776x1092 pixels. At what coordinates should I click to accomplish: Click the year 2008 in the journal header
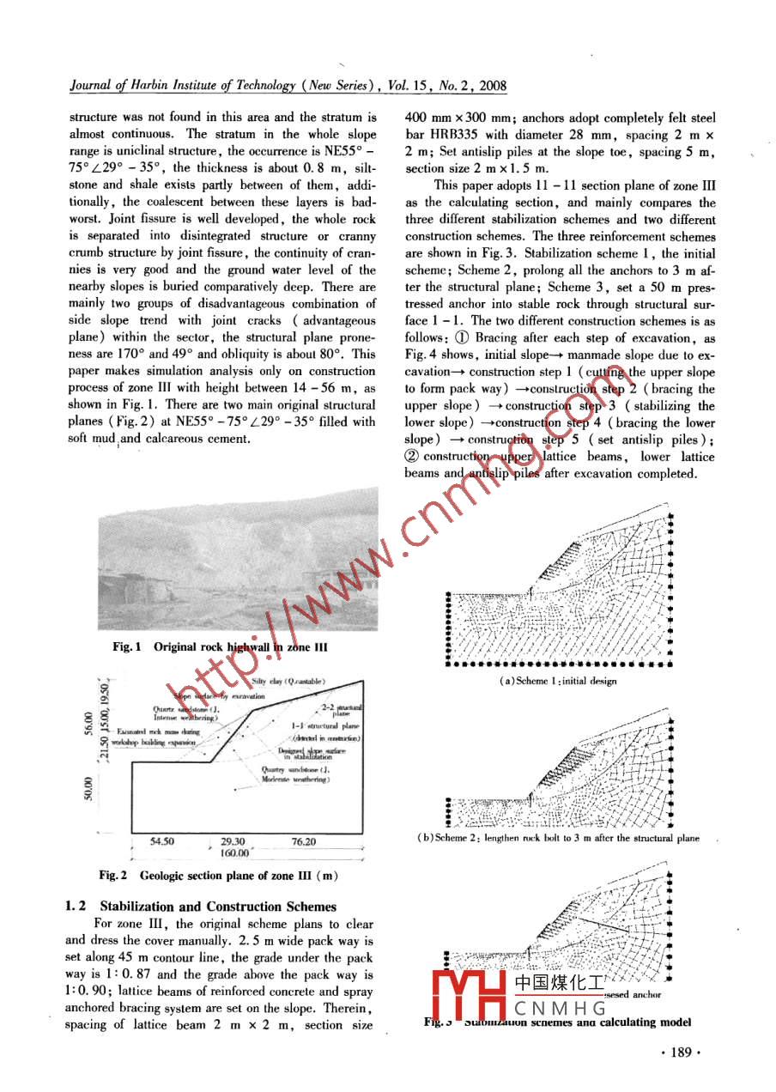[490, 86]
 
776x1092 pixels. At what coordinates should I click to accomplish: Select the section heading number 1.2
[79, 907]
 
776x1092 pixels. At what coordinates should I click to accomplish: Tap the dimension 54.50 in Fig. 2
[163, 842]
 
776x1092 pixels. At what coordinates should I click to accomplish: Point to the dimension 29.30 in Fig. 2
[233, 842]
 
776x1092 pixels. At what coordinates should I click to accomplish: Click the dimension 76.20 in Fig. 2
[303, 842]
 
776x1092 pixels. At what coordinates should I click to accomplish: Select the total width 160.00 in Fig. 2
[234, 853]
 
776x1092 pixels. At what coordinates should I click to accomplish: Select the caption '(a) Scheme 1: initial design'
[557, 681]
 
